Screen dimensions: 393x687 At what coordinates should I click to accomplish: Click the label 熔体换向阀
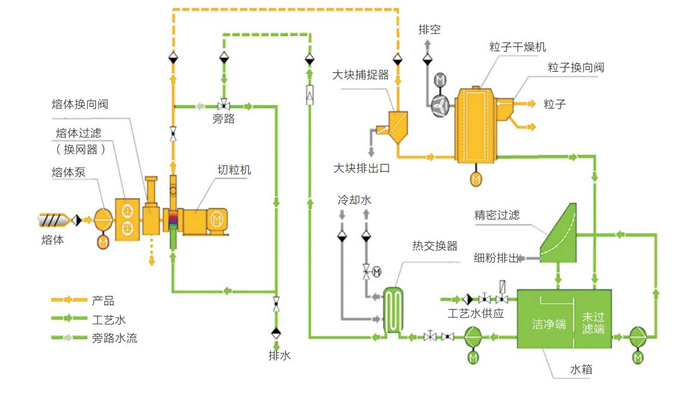[80, 104]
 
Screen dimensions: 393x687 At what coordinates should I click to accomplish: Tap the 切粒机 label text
[234, 170]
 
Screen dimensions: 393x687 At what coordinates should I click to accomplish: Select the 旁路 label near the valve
[223, 119]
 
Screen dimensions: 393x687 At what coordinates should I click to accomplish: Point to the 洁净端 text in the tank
[549, 324]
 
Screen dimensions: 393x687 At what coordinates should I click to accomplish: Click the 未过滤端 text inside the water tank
[593, 322]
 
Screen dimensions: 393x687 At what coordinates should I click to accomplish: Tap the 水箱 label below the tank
[581, 369]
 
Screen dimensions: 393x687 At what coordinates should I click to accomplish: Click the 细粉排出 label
[496, 259]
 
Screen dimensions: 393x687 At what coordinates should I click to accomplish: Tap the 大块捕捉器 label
[361, 75]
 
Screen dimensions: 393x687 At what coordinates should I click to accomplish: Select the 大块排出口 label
[361, 168]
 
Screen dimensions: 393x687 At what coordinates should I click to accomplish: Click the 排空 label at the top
[429, 29]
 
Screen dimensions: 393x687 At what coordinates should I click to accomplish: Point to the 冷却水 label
[354, 200]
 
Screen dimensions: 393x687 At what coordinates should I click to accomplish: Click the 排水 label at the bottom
[279, 356]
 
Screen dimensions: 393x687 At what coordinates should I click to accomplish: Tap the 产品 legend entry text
[103, 300]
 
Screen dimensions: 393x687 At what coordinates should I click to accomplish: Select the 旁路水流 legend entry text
[114, 338]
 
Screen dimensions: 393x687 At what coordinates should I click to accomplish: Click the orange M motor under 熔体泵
[103, 242]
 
